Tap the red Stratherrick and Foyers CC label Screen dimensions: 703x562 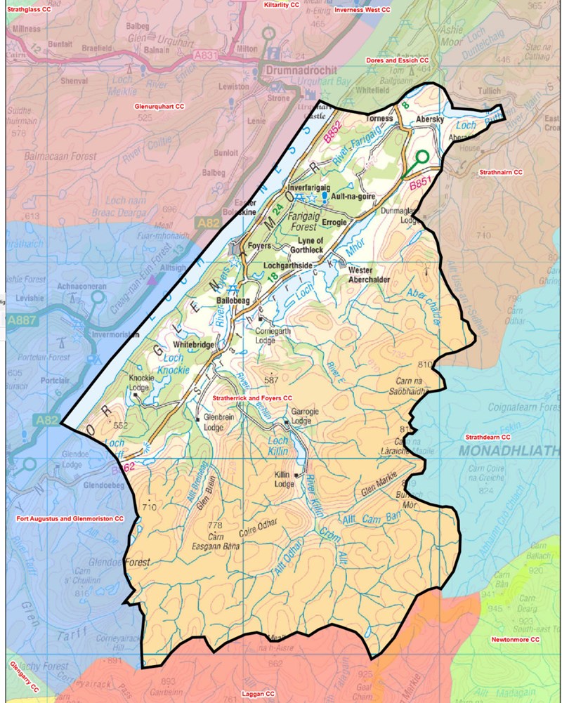tap(251, 398)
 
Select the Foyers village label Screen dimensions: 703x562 tap(261, 247)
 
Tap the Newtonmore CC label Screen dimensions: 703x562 tap(515, 640)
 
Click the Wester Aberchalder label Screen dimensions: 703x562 tap(371, 274)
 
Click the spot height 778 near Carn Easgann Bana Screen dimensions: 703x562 tap(215, 525)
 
